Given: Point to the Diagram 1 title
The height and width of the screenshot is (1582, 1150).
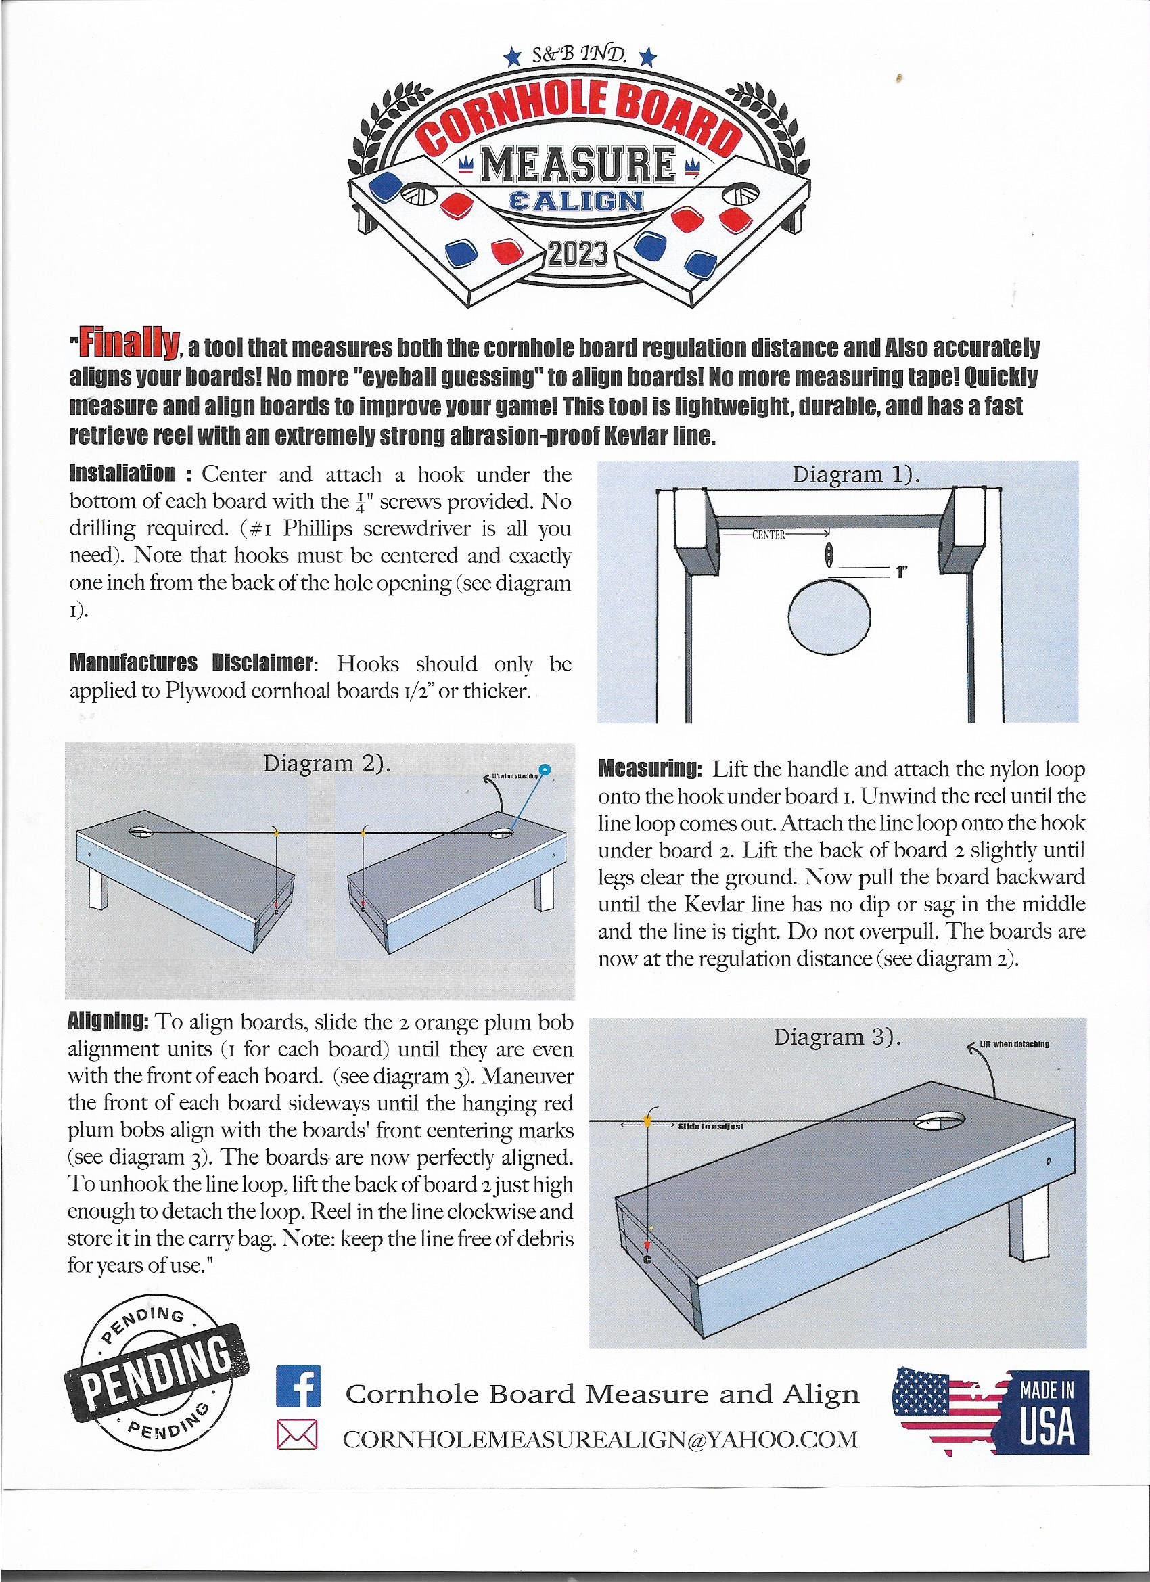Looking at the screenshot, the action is click(856, 475).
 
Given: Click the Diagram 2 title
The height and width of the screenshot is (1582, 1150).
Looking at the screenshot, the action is click(326, 763).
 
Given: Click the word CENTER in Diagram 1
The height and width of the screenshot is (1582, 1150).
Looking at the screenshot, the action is click(768, 535).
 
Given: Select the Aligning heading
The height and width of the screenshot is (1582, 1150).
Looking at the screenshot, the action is click(108, 1022).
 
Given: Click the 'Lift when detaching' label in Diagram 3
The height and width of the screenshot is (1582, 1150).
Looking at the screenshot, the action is click(1015, 1044).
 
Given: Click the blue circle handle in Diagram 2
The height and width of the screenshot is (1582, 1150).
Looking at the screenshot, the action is click(546, 770).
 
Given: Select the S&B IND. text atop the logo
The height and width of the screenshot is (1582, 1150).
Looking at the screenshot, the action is click(580, 55).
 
